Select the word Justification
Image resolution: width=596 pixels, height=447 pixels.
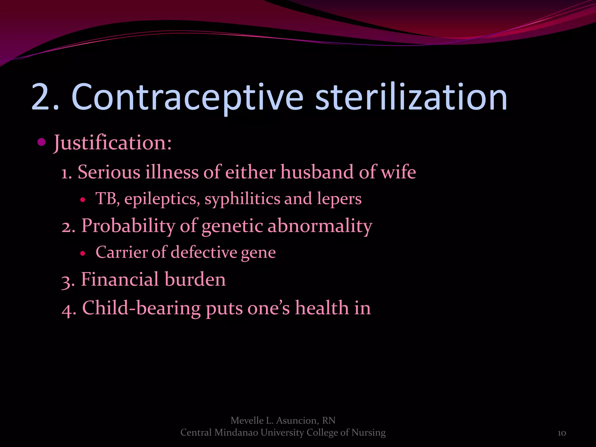point(113,143)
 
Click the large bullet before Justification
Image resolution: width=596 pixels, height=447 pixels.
point(42,142)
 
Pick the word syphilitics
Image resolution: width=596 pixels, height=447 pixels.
point(242,199)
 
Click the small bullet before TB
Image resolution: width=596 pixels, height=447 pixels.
point(83,200)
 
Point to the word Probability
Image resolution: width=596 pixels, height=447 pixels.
point(128,226)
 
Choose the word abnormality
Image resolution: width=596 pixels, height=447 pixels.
point(320,226)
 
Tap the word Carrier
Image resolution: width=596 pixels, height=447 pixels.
point(121,252)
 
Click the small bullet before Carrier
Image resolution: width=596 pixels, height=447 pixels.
point(83,253)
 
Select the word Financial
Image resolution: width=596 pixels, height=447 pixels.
point(119,279)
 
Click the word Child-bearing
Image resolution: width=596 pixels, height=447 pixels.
point(141,308)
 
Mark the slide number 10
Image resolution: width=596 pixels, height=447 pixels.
point(562,433)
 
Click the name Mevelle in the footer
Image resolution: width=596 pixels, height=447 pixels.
point(247,421)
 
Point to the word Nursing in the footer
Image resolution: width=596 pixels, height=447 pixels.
point(368,433)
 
